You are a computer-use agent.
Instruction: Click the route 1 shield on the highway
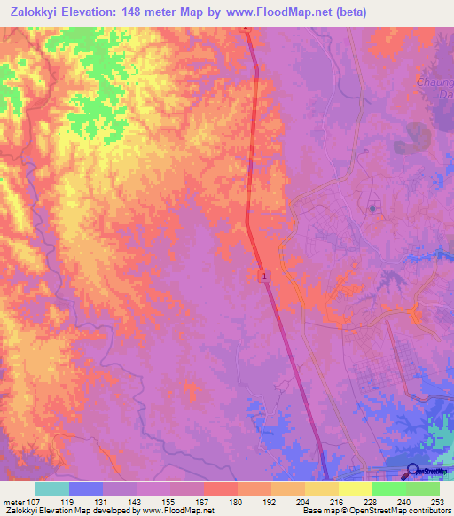pos(263,278)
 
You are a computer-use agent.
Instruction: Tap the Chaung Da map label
pos(434,88)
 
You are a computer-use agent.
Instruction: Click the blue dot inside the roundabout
pos(372,209)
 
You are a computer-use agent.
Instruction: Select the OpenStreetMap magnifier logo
pos(414,471)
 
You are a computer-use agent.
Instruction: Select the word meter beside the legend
pos(13,501)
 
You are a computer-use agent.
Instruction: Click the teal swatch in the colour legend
pos(52,489)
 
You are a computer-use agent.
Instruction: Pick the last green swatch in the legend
pos(423,489)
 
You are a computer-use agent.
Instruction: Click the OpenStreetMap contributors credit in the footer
pos(400,511)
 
